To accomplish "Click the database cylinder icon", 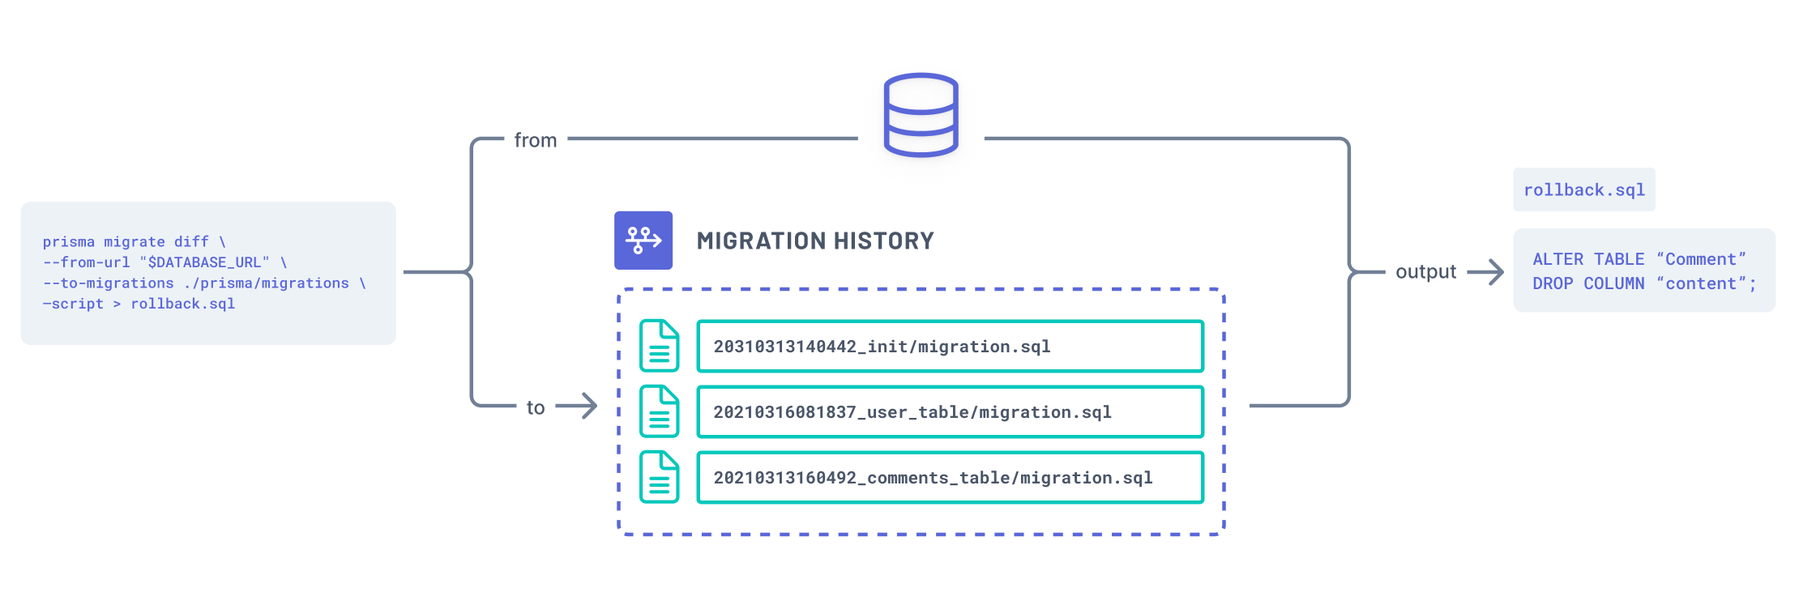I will pos(921,115).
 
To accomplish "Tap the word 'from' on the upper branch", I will pos(536,140).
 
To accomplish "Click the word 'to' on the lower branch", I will pos(536,407).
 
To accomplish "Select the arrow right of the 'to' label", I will pos(577,406).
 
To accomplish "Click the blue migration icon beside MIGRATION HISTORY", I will pos(643,241).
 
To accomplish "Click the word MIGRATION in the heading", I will pos(761,241).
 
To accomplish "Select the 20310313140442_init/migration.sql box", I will pos(950,347).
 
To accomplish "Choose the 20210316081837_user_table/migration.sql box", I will pos(950,412).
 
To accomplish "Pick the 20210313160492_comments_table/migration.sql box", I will pos(950,478).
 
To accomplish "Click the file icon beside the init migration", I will pos(660,346).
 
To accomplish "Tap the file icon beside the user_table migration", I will pos(660,411).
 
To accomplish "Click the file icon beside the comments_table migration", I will pos(660,477).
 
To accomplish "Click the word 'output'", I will pos(1425,272).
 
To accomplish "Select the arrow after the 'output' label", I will pos(1485,272).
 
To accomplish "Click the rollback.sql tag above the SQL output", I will pos(1583,190).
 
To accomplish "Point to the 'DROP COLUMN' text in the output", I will pos(1588,283).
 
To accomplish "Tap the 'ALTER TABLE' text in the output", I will pos(1588,259).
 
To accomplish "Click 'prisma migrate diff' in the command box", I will pos(126,241).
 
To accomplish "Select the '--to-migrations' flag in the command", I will pos(109,283).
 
